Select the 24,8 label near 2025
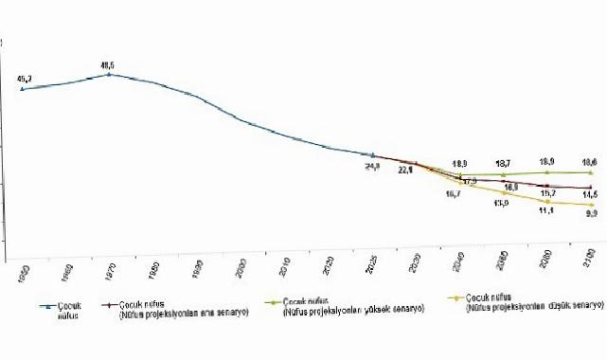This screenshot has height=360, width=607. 373,166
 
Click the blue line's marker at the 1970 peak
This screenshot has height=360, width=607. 111,74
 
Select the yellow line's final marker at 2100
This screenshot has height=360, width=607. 592,205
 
